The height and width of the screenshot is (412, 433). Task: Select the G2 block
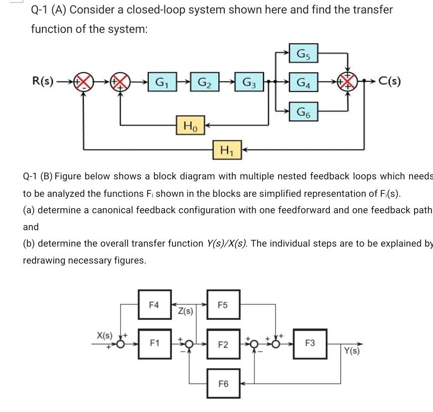pyautogui.click(x=204, y=81)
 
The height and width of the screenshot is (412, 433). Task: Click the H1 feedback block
pyautogui.click(x=227, y=148)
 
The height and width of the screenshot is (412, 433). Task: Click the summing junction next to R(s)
pyautogui.click(x=83, y=81)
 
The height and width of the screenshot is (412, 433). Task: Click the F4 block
pyautogui.click(x=154, y=304)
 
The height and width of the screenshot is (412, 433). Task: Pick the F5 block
pyautogui.click(x=223, y=304)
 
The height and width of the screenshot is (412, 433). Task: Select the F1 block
pyautogui.click(x=154, y=343)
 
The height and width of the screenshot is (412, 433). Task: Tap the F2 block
pyautogui.click(x=223, y=344)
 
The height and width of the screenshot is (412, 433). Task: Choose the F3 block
pyautogui.click(x=310, y=343)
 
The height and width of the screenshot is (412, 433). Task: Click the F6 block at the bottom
pyautogui.click(x=223, y=384)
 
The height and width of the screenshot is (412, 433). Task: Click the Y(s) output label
pyautogui.click(x=352, y=351)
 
